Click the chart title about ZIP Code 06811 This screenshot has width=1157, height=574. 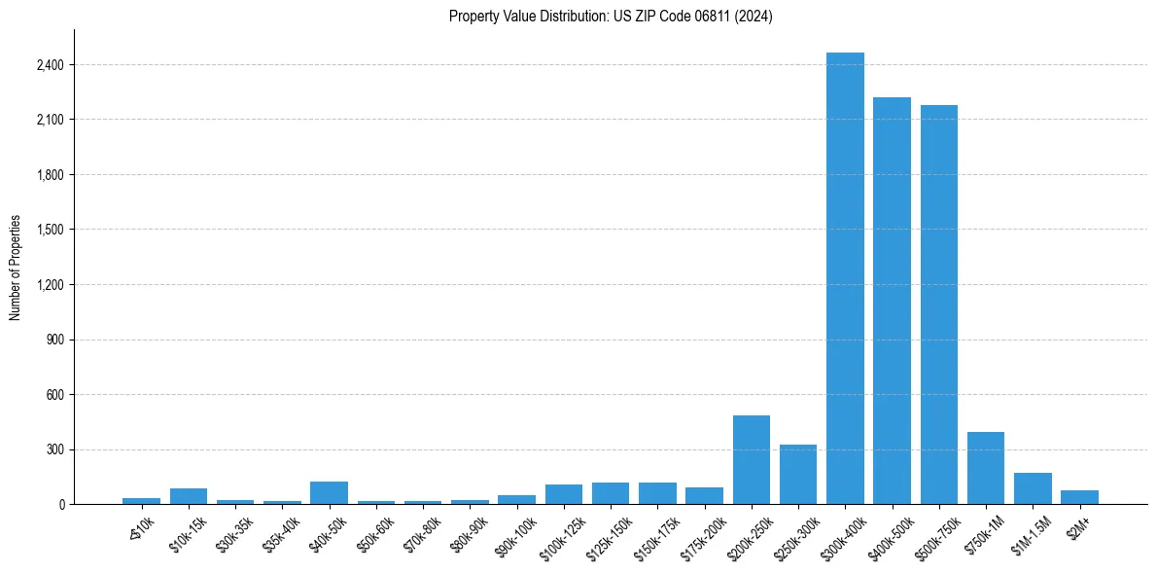611,17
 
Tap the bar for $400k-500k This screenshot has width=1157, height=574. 892,301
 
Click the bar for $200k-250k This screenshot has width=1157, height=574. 751,459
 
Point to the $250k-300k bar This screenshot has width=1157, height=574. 798,474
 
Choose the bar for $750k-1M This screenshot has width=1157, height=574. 985,468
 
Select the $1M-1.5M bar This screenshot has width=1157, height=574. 1033,488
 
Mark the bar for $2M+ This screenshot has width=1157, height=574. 1079,497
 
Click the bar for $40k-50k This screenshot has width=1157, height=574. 329,492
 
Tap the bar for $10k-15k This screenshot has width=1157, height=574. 189,496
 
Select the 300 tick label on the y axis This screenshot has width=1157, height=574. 53,449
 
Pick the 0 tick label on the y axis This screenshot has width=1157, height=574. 59,505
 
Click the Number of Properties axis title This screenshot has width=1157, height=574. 16,268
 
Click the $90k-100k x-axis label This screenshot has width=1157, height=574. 512,533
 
